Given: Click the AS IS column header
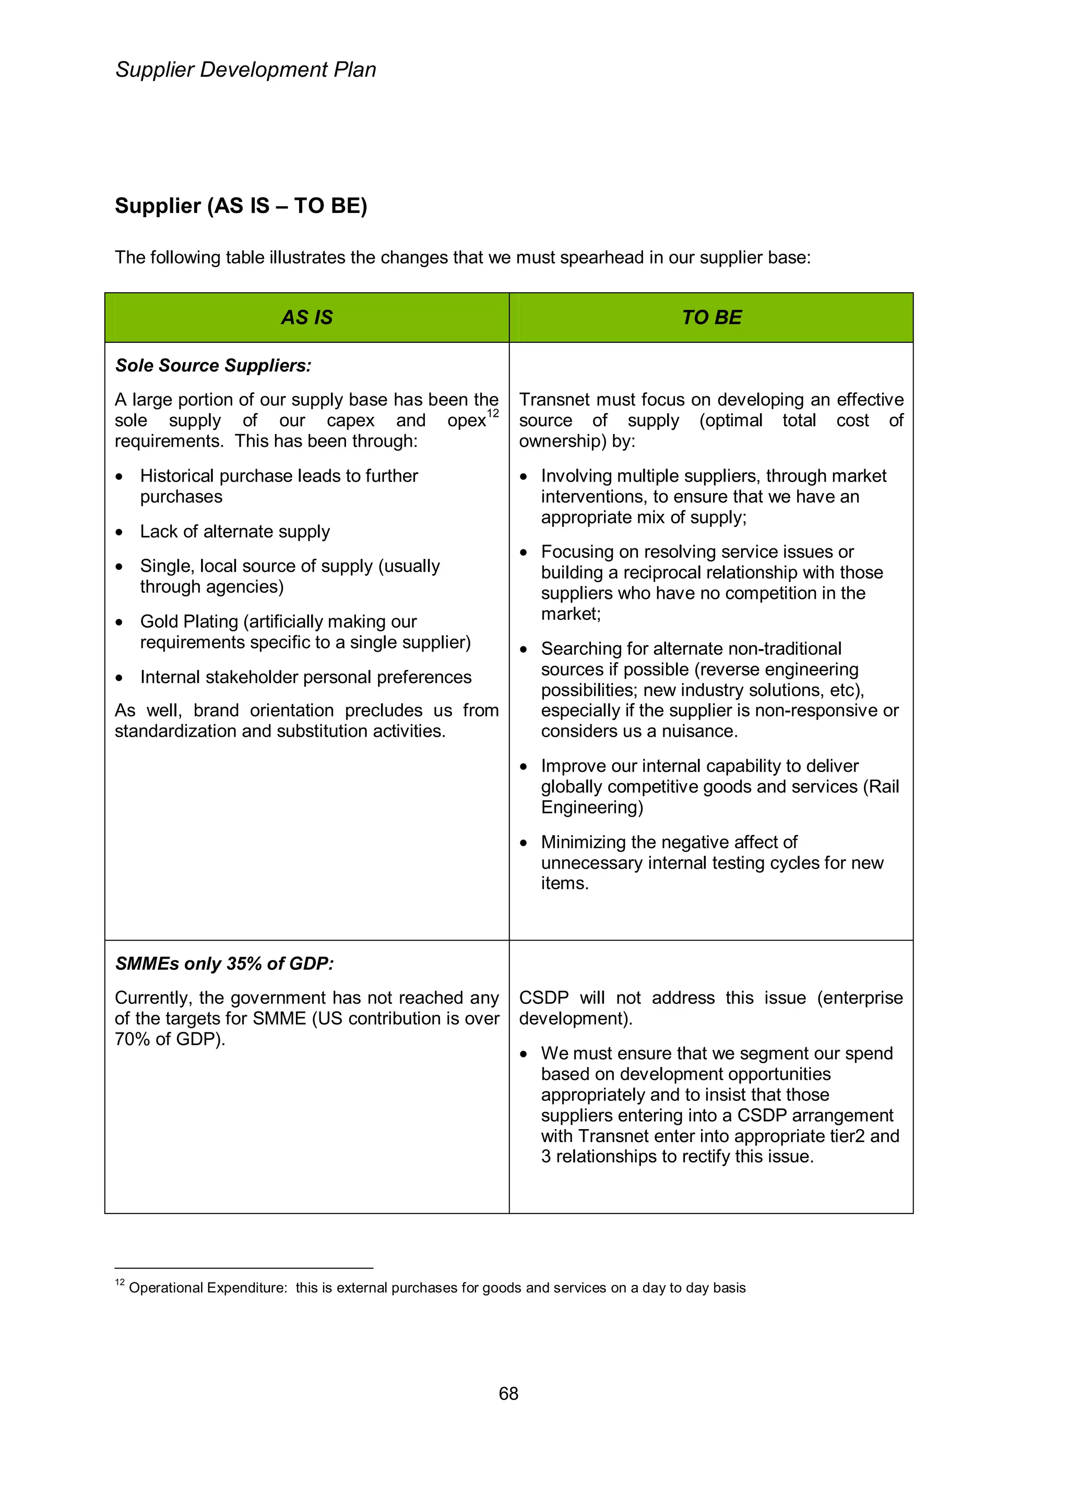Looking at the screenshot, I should point(307,317).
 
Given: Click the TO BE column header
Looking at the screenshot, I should point(711,317).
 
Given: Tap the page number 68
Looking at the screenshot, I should point(508,1394).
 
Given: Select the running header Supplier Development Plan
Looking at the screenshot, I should point(246,70).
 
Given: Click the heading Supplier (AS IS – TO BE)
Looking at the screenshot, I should point(241,206).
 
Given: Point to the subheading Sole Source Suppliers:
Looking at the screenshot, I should point(213,366).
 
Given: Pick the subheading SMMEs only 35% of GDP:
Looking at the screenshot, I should point(224,964).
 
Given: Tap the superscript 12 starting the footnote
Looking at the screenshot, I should point(120,1282).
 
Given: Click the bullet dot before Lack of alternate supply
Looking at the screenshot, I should point(119,532).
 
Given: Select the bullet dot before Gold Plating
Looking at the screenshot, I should point(119,622).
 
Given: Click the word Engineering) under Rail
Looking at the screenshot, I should point(592,807).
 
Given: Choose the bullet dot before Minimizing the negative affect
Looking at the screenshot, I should point(524,843).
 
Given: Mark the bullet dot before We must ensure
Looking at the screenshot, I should point(524,1054).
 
